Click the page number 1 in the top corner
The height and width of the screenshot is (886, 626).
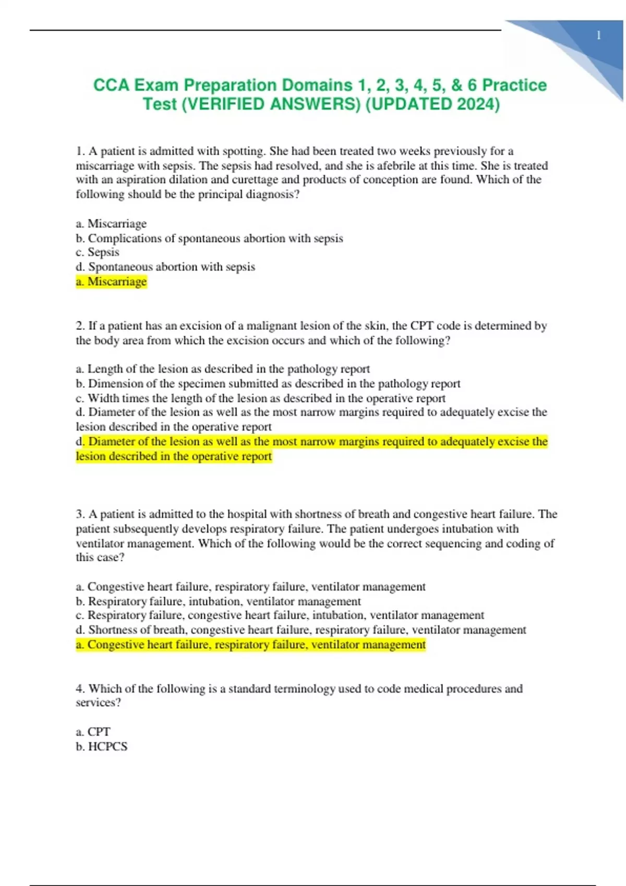tap(598, 35)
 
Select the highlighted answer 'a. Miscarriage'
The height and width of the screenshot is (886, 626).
tap(111, 282)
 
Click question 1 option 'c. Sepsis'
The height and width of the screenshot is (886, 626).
tap(98, 252)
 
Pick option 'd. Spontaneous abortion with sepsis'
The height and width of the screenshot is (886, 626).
tap(165, 267)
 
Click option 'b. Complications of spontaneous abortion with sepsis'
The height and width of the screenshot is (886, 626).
tap(209, 238)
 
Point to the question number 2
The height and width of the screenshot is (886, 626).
tap(80, 326)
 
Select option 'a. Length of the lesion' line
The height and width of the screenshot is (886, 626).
tap(223, 369)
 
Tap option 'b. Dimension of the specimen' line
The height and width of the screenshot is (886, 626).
tap(268, 384)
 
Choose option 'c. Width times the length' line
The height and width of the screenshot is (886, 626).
tap(260, 398)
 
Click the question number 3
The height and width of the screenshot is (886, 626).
tap(80, 514)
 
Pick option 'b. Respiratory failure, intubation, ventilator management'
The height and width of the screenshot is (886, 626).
tap(218, 601)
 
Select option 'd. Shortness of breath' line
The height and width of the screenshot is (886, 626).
tap(301, 630)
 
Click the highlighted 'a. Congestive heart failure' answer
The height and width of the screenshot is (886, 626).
tap(250, 645)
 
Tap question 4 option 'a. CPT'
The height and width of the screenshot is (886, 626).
tap(93, 732)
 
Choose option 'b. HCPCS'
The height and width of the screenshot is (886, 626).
tap(101, 746)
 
